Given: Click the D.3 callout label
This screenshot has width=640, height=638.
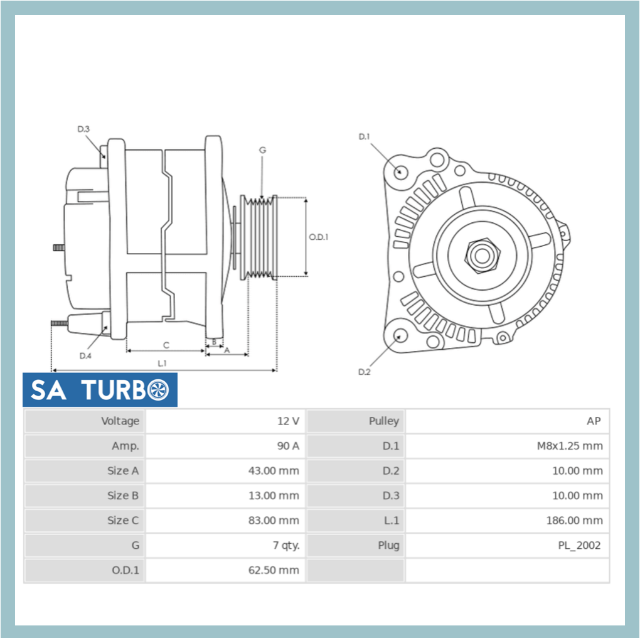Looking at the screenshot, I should (83, 129).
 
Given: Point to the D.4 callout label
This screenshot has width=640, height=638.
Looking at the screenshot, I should (85, 356).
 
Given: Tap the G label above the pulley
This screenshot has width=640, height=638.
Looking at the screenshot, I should (262, 150).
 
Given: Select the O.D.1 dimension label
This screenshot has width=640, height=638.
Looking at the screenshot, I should (319, 237).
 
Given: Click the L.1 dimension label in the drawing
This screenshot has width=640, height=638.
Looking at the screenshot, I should (162, 363).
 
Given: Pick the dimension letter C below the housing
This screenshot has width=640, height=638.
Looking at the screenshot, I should (166, 345).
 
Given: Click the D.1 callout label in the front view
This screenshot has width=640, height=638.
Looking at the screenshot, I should (365, 136).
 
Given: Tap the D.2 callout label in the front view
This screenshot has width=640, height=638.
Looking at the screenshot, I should (365, 372).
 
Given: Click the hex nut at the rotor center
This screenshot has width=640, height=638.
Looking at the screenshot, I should (482, 255).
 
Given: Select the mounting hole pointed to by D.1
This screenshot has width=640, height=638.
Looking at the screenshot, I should (400, 171).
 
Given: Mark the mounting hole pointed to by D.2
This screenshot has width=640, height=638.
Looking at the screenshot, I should (398, 337).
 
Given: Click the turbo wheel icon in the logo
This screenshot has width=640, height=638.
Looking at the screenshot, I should (159, 390).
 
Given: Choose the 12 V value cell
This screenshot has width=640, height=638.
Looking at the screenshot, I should (288, 421).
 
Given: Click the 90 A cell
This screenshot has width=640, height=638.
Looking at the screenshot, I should (287, 446).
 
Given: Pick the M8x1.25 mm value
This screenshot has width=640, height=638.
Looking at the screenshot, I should (569, 446).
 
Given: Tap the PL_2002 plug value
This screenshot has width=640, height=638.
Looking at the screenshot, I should (579, 545).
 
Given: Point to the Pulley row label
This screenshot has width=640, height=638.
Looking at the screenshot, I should (383, 421).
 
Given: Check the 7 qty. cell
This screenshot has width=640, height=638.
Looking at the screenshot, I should (285, 545).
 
